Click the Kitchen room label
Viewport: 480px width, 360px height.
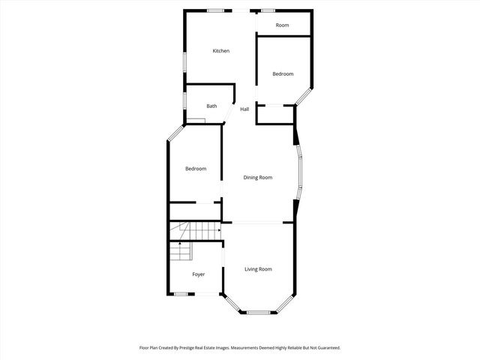pos(220,51)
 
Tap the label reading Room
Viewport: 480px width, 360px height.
pos(282,25)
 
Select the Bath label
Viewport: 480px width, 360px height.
pos(211,106)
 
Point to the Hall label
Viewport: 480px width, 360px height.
pos(244,109)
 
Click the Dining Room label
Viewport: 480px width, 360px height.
pos(257,178)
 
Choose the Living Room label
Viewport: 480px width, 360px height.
pos(258,268)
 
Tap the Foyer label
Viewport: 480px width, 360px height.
pos(198,274)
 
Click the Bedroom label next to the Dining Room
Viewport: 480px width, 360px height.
pos(196,169)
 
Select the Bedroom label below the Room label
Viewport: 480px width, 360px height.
pos(283,73)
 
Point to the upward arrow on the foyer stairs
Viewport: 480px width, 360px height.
pos(180,245)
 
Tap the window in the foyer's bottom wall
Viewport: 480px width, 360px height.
pos(180,294)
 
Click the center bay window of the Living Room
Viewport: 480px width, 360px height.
pos(259,312)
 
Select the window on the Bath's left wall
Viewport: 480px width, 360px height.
pos(184,100)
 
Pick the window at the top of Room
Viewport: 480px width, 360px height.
pos(268,10)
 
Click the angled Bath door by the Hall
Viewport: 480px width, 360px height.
pos(231,114)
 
